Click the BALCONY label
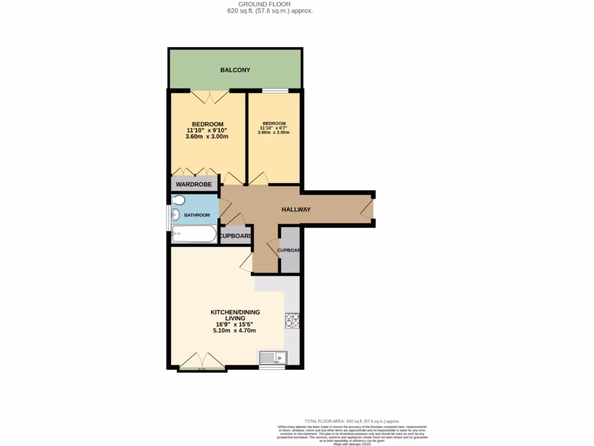coord(235,70)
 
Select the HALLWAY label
coord(296,210)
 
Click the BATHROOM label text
coord(197,215)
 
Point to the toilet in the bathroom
coord(179,201)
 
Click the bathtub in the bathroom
coord(194,234)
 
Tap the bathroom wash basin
coord(175,216)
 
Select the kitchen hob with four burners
coord(291,321)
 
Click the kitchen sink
coord(271,357)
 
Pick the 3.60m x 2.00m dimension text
coord(274,133)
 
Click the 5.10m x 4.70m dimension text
coord(234,330)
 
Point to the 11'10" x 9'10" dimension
coord(208,131)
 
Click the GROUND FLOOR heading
coord(270,4)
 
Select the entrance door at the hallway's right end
coord(368,208)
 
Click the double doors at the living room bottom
coord(201,360)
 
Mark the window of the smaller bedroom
coord(274,90)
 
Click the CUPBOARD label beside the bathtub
coord(236,236)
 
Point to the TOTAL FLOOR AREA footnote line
coord(352,421)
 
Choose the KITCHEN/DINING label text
coord(234,312)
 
